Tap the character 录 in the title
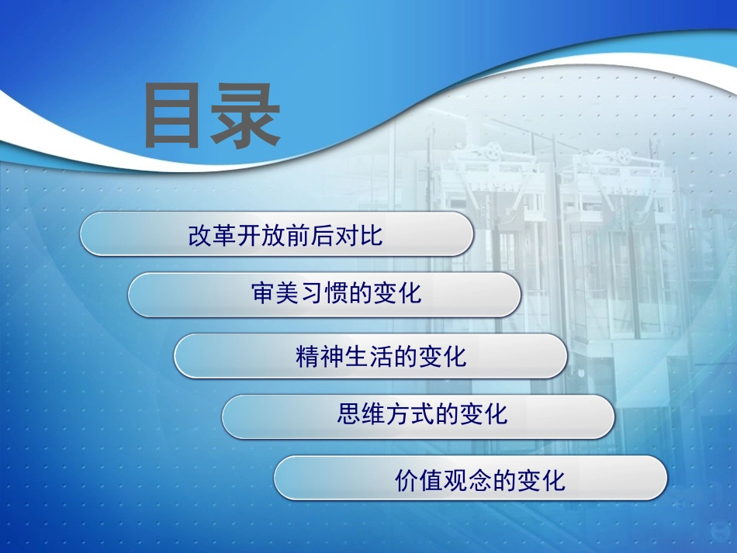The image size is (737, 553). pyautogui.click(x=246, y=116)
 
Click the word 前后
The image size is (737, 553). pyautogui.click(x=309, y=235)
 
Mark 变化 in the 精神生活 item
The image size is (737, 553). pyautogui.click(x=442, y=356)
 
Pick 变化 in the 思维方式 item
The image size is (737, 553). pyautogui.click(x=483, y=414)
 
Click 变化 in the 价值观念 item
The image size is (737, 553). pyautogui.click(x=542, y=480)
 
